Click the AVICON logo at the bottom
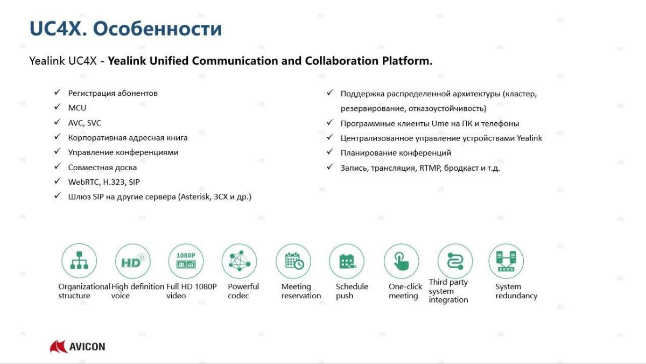pos(78,346)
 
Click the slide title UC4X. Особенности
pos(125,28)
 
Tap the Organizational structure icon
pos(79,261)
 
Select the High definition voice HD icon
pos(132,261)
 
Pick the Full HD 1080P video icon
pos(186,261)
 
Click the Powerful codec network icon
pos(239,261)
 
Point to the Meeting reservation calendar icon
pos(293,261)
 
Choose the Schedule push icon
pos(347,261)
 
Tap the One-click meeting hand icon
pos(401,261)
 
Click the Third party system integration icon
pos(455,261)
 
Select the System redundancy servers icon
pos(506,261)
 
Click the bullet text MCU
pos(77,108)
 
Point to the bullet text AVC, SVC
pos(85,123)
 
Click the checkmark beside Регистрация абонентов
pos(57,93)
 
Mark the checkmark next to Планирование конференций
pos(329,152)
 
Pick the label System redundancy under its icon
pos(516,291)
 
